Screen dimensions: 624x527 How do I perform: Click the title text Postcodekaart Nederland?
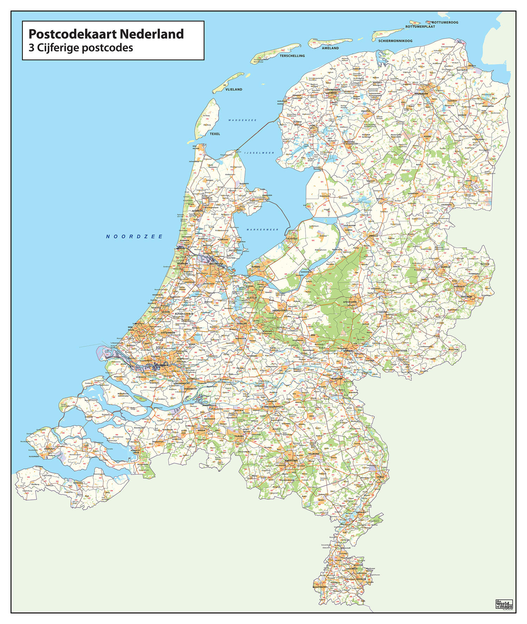click(106, 34)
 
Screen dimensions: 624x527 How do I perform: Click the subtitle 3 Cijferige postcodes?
click(81, 47)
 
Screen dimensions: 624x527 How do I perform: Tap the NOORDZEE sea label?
click(135, 237)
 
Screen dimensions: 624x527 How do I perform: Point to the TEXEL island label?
click(215, 134)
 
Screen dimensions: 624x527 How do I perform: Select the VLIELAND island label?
click(234, 89)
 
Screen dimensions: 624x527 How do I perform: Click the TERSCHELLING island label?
click(292, 56)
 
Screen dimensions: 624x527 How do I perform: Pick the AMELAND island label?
click(330, 48)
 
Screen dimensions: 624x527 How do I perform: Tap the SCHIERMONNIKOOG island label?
click(395, 41)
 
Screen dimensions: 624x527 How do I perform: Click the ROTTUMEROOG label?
click(445, 23)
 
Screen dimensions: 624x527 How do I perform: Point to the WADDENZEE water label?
click(242, 120)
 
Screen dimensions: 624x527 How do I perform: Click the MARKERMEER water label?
click(262, 230)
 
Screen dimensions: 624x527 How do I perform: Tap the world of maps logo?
click(504, 604)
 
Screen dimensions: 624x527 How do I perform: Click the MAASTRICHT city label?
click(320, 587)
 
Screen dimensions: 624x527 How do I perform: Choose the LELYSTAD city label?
click(292, 238)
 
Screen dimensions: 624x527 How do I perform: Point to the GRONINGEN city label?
click(421, 94)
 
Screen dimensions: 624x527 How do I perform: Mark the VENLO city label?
click(380, 477)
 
